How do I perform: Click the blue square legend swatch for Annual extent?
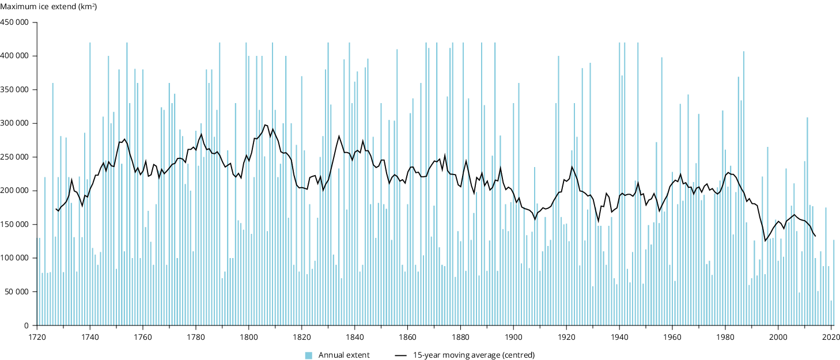tap(308, 355)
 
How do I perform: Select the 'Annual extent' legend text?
tap(344, 355)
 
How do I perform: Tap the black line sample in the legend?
tap(402, 355)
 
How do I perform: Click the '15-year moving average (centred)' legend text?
tap(474, 355)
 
